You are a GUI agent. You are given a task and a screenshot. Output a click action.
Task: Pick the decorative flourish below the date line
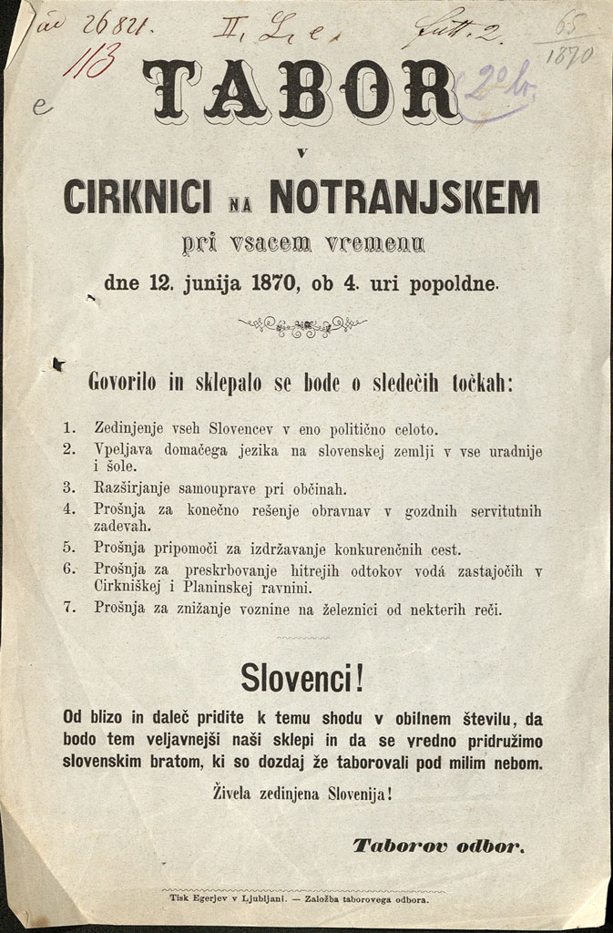point(301,325)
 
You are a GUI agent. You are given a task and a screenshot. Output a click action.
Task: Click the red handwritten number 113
point(97,63)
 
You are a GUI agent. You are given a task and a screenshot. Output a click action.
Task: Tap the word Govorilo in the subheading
point(123,383)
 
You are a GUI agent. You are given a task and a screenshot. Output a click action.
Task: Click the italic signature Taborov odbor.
point(438,846)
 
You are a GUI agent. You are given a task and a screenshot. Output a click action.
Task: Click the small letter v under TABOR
point(301,149)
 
